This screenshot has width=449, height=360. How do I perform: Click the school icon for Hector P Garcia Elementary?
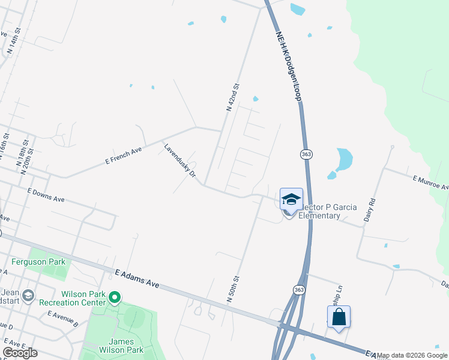[x=291, y=200]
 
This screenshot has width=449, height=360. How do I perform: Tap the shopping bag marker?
[x=339, y=317]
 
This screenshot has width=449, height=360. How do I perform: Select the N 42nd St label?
[x=233, y=97]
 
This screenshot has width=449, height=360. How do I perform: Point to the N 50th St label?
[x=233, y=289]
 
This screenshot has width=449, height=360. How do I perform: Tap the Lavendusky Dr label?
[x=181, y=160]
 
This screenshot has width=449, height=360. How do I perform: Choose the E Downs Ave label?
[x=46, y=194]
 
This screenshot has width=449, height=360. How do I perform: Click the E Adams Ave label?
[x=137, y=279]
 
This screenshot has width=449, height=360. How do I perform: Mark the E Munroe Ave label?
[x=430, y=182]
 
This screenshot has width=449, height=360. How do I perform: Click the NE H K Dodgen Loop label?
[x=288, y=67]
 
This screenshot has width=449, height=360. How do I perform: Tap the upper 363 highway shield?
[x=306, y=154]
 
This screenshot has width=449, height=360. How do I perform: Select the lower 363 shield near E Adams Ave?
[x=299, y=290]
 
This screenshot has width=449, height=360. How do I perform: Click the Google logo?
[x=20, y=352]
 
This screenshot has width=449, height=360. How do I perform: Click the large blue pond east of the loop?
[x=345, y=159]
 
